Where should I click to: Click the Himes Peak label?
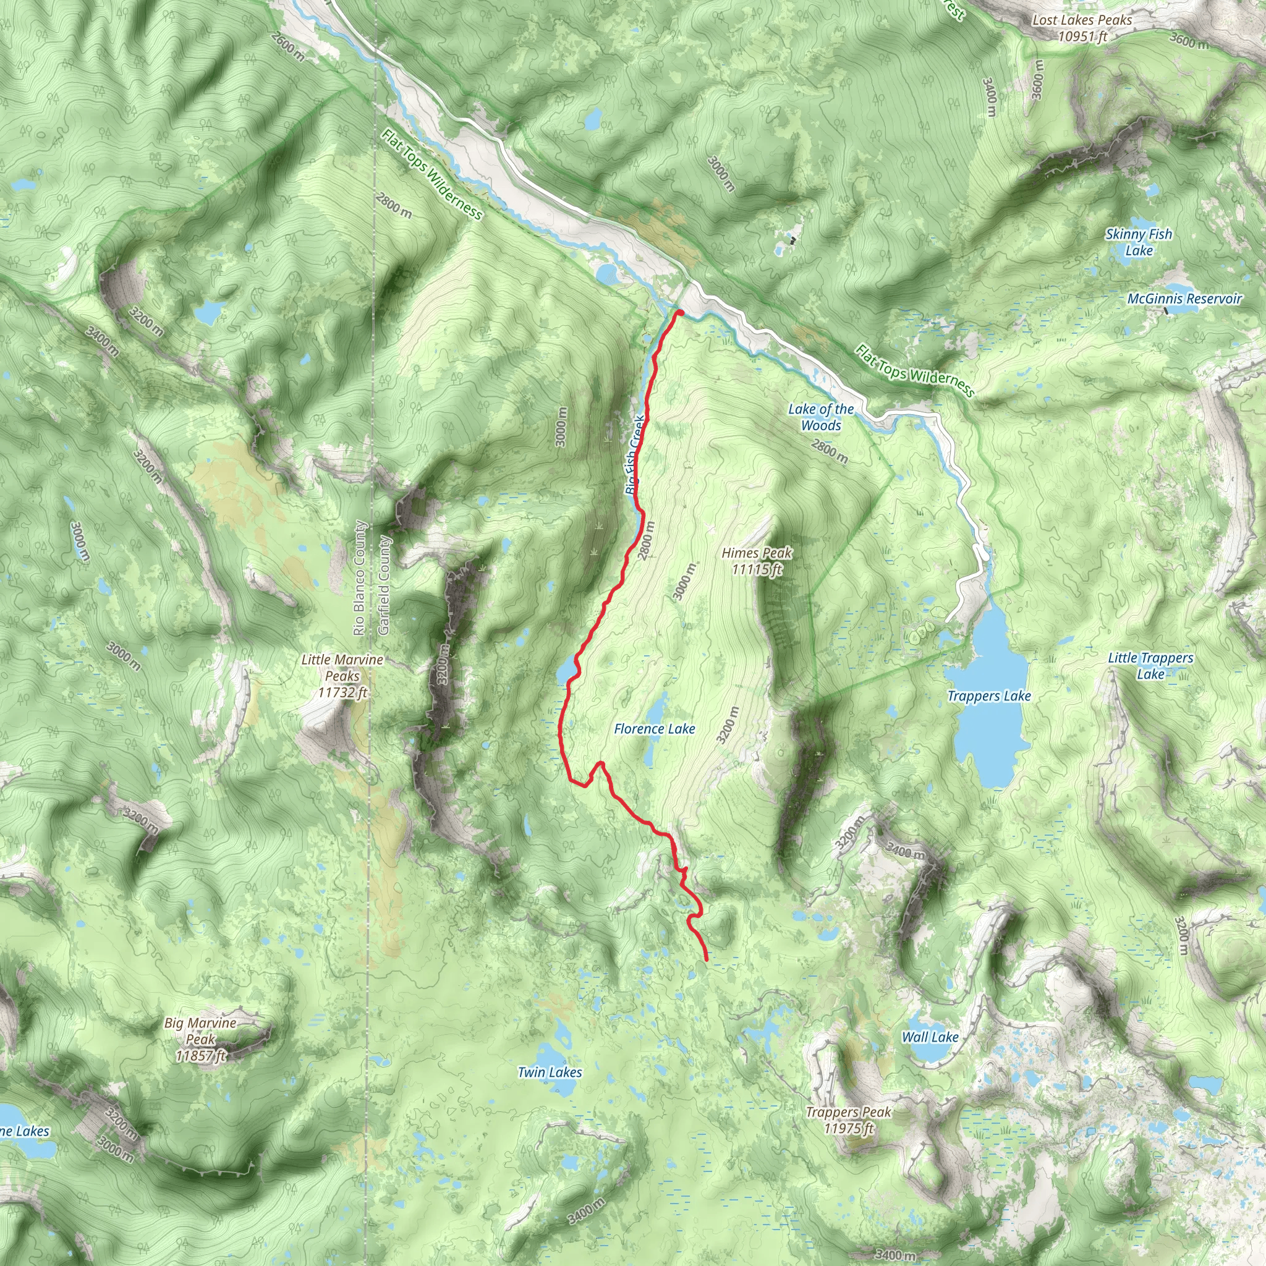[x=756, y=561]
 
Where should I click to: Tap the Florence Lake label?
[x=654, y=729]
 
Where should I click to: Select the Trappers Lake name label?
[x=989, y=696]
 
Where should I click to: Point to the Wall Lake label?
[x=930, y=1037]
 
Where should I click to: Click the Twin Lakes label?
[x=549, y=1072]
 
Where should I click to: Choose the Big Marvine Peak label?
[x=200, y=1039]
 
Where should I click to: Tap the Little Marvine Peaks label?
[x=342, y=676]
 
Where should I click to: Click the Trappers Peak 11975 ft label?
[x=848, y=1120]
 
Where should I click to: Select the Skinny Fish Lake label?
[x=1139, y=242]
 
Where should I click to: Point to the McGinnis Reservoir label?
[x=1184, y=299]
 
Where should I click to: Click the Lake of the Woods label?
[x=820, y=417]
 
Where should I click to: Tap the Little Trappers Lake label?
[x=1150, y=666]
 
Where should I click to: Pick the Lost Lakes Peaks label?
[x=1082, y=28]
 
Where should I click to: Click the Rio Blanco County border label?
[x=359, y=578]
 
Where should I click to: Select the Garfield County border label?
[x=384, y=585]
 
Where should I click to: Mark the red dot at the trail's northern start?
[x=679, y=313]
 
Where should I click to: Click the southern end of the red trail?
[x=706, y=960]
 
